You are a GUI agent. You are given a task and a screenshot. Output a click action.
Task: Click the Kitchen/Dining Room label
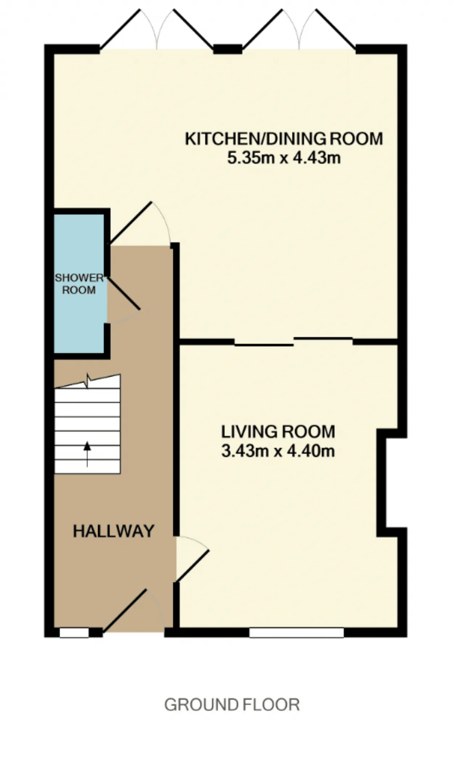(x=284, y=139)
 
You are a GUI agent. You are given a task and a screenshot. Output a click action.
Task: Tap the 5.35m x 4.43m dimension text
(x=284, y=158)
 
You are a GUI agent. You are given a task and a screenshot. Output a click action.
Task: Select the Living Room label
(x=278, y=432)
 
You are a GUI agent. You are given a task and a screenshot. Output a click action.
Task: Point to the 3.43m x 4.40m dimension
(x=278, y=451)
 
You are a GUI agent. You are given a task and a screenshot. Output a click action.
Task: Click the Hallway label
(x=114, y=531)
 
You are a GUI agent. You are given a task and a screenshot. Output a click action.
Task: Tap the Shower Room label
(x=79, y=284)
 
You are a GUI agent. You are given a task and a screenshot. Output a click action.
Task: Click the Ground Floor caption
(x=232, y=704)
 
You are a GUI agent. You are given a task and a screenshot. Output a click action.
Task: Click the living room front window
(x=296, y=633)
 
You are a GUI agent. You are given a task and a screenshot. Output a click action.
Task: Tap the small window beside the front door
(x=74, y=633)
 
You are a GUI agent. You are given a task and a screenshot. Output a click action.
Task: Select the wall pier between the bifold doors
(x=228, y=49)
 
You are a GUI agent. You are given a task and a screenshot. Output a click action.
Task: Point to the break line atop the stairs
(x=87, y=381)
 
